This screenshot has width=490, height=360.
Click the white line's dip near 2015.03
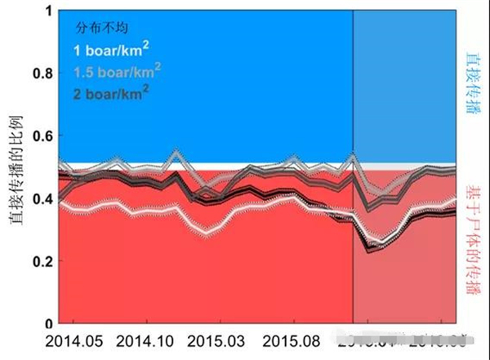click(209, 233)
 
